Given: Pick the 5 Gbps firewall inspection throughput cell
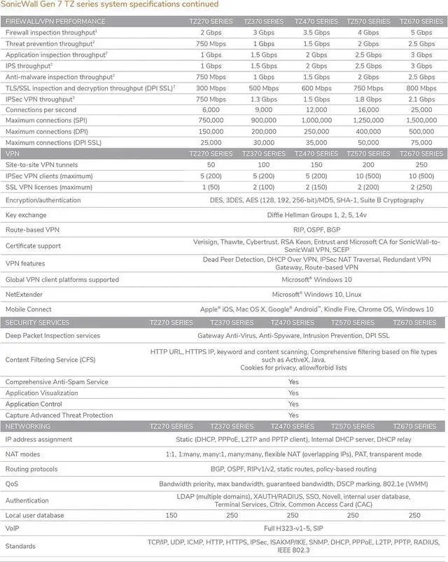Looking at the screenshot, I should pyautogui.click(x=421, y=32).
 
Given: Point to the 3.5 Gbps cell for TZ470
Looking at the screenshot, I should pyautogui.click(x=316, y=32).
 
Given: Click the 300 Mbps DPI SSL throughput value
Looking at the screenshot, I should pyautogui.click(x=211, y=88).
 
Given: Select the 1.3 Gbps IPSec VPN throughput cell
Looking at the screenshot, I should pyautogui.click(x=263, y=99).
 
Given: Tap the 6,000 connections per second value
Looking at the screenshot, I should pyautogui.click(x=211, y=110).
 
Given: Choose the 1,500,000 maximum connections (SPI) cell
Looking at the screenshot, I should pyautogui.click(x=421, y=120).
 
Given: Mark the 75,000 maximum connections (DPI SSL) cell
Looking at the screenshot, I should pyautogui.click(x=421, y=143).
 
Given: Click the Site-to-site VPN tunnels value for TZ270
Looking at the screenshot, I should pyautogui.click(x=211, y=164).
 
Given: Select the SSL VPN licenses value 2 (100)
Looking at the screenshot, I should pyautogui.click(x=263, y=187).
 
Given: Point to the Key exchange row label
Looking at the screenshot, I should pyautogui.click(x=26, y=215).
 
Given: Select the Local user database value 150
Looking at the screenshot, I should pyautogui.click(x=170, y=516).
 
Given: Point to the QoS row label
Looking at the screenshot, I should pyautogui.click(x=13, y=484).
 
